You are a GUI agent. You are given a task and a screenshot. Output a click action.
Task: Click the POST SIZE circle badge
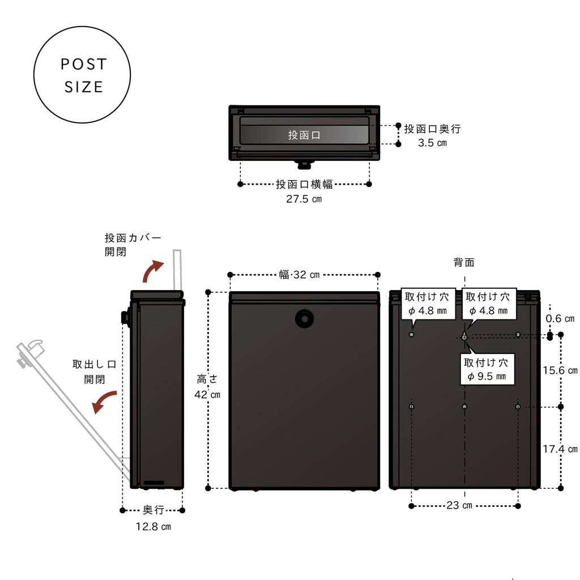(82, 75)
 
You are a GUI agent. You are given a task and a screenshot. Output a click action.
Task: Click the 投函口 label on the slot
(304, 135)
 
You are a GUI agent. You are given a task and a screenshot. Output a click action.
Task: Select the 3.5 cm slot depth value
(432, 143)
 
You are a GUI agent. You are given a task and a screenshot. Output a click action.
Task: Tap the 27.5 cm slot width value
(304, 199)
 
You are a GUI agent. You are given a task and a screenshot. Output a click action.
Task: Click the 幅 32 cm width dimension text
(299, 275)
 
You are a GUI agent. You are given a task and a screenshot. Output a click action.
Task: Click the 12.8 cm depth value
(153, 526)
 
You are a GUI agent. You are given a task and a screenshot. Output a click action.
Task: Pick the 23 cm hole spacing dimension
(459, 505)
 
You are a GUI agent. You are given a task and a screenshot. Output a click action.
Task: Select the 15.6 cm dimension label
(560, 370)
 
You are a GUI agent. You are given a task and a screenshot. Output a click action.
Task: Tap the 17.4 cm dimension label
(560, 449)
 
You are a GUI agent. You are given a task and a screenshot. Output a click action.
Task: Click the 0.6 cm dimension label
(560, 319)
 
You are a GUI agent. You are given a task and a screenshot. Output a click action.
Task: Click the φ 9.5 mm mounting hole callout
(486, 369)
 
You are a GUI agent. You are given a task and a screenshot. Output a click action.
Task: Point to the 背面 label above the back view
(464, 262)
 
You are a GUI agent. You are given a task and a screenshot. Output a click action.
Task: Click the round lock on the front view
(304, 319)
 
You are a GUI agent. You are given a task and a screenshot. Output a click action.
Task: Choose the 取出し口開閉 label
(94, 372)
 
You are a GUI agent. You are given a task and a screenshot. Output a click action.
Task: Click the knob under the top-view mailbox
(304, 165)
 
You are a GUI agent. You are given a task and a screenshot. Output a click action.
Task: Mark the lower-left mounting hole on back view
(412, 407)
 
